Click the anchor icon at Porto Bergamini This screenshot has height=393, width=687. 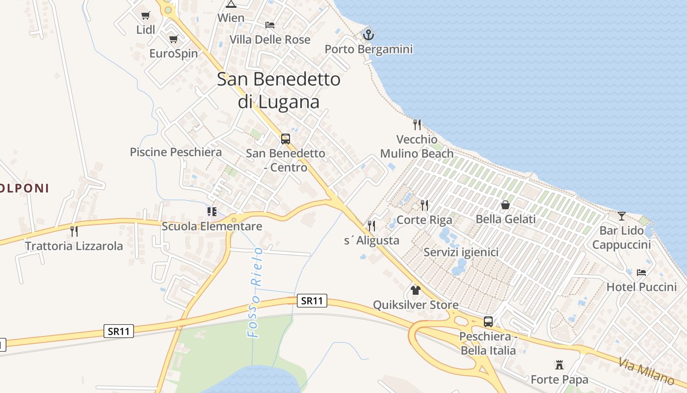368,34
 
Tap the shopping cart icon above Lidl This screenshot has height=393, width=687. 146,15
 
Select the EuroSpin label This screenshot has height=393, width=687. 174,54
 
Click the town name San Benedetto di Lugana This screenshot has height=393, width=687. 279,90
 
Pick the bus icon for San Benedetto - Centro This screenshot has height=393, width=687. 286,139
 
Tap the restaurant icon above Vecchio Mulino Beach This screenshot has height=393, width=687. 417,124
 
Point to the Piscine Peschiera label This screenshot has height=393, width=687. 176,152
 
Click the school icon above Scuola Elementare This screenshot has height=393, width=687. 212,212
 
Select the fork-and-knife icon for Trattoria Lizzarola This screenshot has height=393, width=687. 74,231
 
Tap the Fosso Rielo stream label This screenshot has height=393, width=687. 255,293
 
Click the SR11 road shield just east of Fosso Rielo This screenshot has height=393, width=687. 312,301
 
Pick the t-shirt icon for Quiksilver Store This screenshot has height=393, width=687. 416,290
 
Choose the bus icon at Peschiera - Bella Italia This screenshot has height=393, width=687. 488,322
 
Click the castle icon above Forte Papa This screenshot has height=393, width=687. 559,365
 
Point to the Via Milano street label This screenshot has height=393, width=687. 646,371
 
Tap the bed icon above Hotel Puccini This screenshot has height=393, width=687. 641,272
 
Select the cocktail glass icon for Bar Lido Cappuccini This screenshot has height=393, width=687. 622,216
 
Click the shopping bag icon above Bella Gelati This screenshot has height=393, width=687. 505,205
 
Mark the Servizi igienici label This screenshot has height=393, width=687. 461,253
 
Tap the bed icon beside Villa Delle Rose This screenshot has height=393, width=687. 270,25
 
